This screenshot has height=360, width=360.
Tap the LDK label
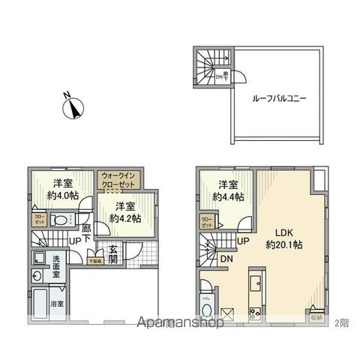click(283, 232)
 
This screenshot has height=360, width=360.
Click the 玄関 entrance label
click(112, 255)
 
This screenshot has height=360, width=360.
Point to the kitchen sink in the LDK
click(254, 283)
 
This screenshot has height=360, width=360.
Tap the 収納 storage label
click(316, 318)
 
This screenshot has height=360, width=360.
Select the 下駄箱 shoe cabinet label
click(93, 261)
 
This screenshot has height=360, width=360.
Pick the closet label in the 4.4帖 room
click(205, 222)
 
